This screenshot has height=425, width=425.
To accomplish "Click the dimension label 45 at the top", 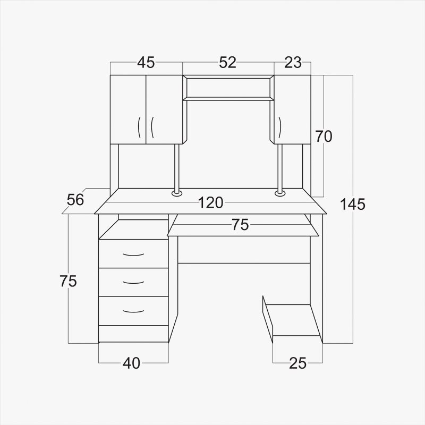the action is (x=146, y=62).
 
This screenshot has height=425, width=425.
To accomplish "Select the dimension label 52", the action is (x=228, y=62).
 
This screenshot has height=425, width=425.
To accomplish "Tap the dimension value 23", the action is (x=293, y=63).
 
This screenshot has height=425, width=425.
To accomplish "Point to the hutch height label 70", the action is (x=324, y=137).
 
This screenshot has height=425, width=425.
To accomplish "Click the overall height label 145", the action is (x=352, y=204).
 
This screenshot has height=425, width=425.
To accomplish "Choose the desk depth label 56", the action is (x=75, y=200).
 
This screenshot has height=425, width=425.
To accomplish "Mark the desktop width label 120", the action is (x=211, y=203).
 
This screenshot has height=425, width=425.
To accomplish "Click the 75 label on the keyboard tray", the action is (x=240, y=225).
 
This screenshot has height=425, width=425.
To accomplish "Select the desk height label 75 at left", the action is (x=69, y=281).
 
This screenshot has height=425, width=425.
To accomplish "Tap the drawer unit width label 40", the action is (x=131, y=363).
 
